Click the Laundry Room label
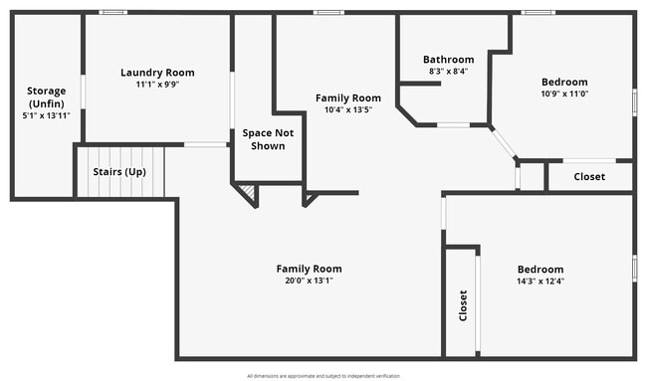[157, 72]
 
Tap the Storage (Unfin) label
[46, 96]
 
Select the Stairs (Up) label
[119, 171]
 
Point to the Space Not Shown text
[263, 139]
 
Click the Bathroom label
[448, 59]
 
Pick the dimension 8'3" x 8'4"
[448, 72]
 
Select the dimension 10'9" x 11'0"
[564, 94]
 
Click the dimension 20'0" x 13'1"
[309, 281]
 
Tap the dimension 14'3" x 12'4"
[540, 282]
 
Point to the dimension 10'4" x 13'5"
[347, 109]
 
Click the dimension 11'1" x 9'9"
[157, 85]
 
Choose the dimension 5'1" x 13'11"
[46, 116]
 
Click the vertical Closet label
[463, 305]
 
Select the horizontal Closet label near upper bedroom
[589, 177]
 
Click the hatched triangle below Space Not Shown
[248, 192]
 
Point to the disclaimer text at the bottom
[323, 376]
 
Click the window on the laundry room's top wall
[112, 12]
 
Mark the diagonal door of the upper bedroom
[504, 142]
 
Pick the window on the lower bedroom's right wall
[634, 268]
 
